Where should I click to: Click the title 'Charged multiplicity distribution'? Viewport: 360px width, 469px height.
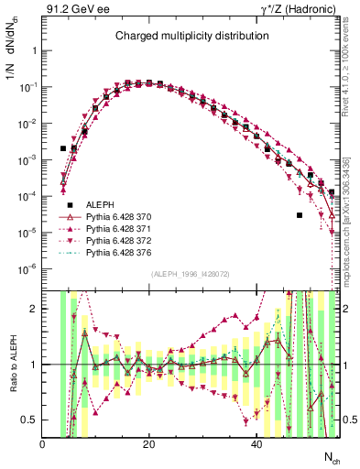191,36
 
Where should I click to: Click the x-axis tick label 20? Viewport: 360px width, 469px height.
149,445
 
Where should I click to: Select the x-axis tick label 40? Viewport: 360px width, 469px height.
256,445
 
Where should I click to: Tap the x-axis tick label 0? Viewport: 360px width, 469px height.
43,445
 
